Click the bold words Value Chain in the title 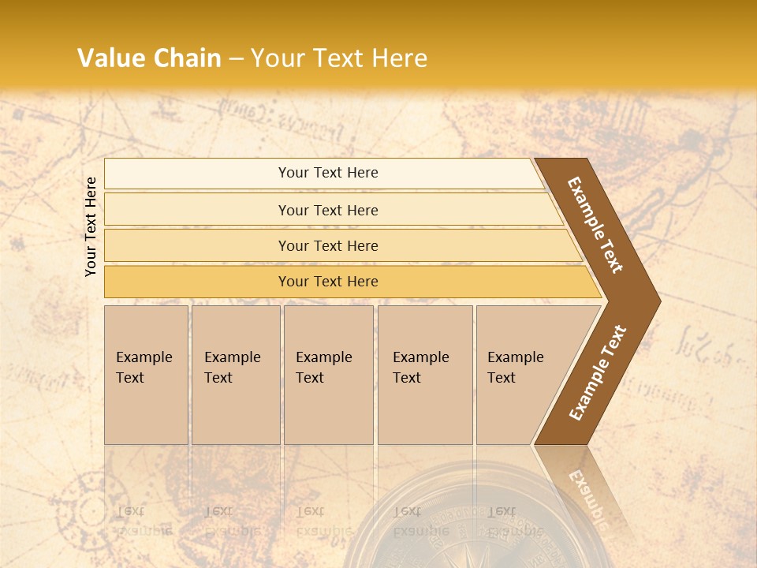pyautogui.click(x=149, y=58)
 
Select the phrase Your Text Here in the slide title pyautogui.click(x=339, y=58)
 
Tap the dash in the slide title pyautogui.click(x=236, y=58)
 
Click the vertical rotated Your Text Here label pyautogui.click(x=91, y=226)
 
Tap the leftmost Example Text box pyautogui.click(x=146, y=375)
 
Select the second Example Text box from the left pyautogui.click(x=236, y=375)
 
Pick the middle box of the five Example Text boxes pyautogui.click(x=328, y=375)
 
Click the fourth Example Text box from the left pyautogui.click(x=425, y=375)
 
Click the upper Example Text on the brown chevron pyautogui.click(x=595, y=225)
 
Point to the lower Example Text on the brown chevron pyautogui.click(x=598, y=372)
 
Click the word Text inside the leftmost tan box pyautogui.click(x=130, y=378)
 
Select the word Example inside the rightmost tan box pyautogui.click(x=516, y=357)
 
